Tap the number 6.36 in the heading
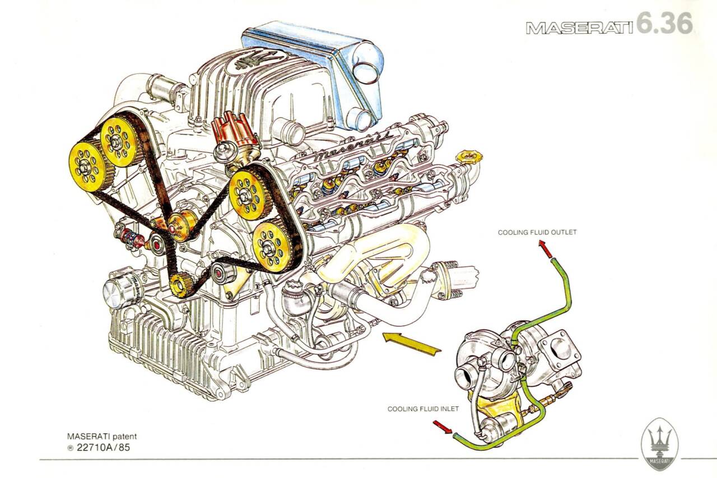[x=664, y=24]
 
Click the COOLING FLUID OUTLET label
[x=537, y=232]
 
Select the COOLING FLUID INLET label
[x=423, y=409]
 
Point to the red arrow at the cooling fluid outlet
[x=545, y=248]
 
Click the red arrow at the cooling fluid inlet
[x=443, y=428]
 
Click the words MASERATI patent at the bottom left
[x=101, y=436]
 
